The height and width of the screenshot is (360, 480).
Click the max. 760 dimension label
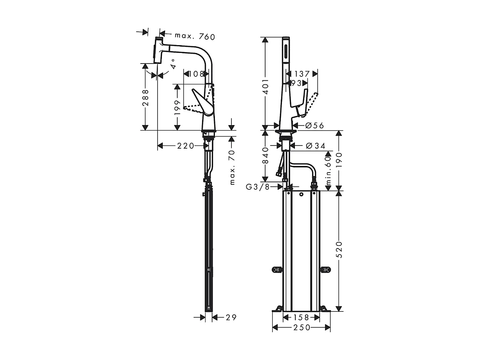[x=195, y=36]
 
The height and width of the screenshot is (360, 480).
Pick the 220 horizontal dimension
[x=185, y=146]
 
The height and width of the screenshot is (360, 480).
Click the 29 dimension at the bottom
[x=231, y=317]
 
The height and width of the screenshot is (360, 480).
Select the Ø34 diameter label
[x=315, y=146]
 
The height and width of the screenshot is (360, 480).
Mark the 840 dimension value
[x=265, y=155]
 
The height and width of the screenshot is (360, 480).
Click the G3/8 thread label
[x=258, y=187]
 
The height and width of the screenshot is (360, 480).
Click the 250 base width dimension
[x=301, y=327]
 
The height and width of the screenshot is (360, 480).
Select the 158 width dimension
[x=301, y=317]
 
